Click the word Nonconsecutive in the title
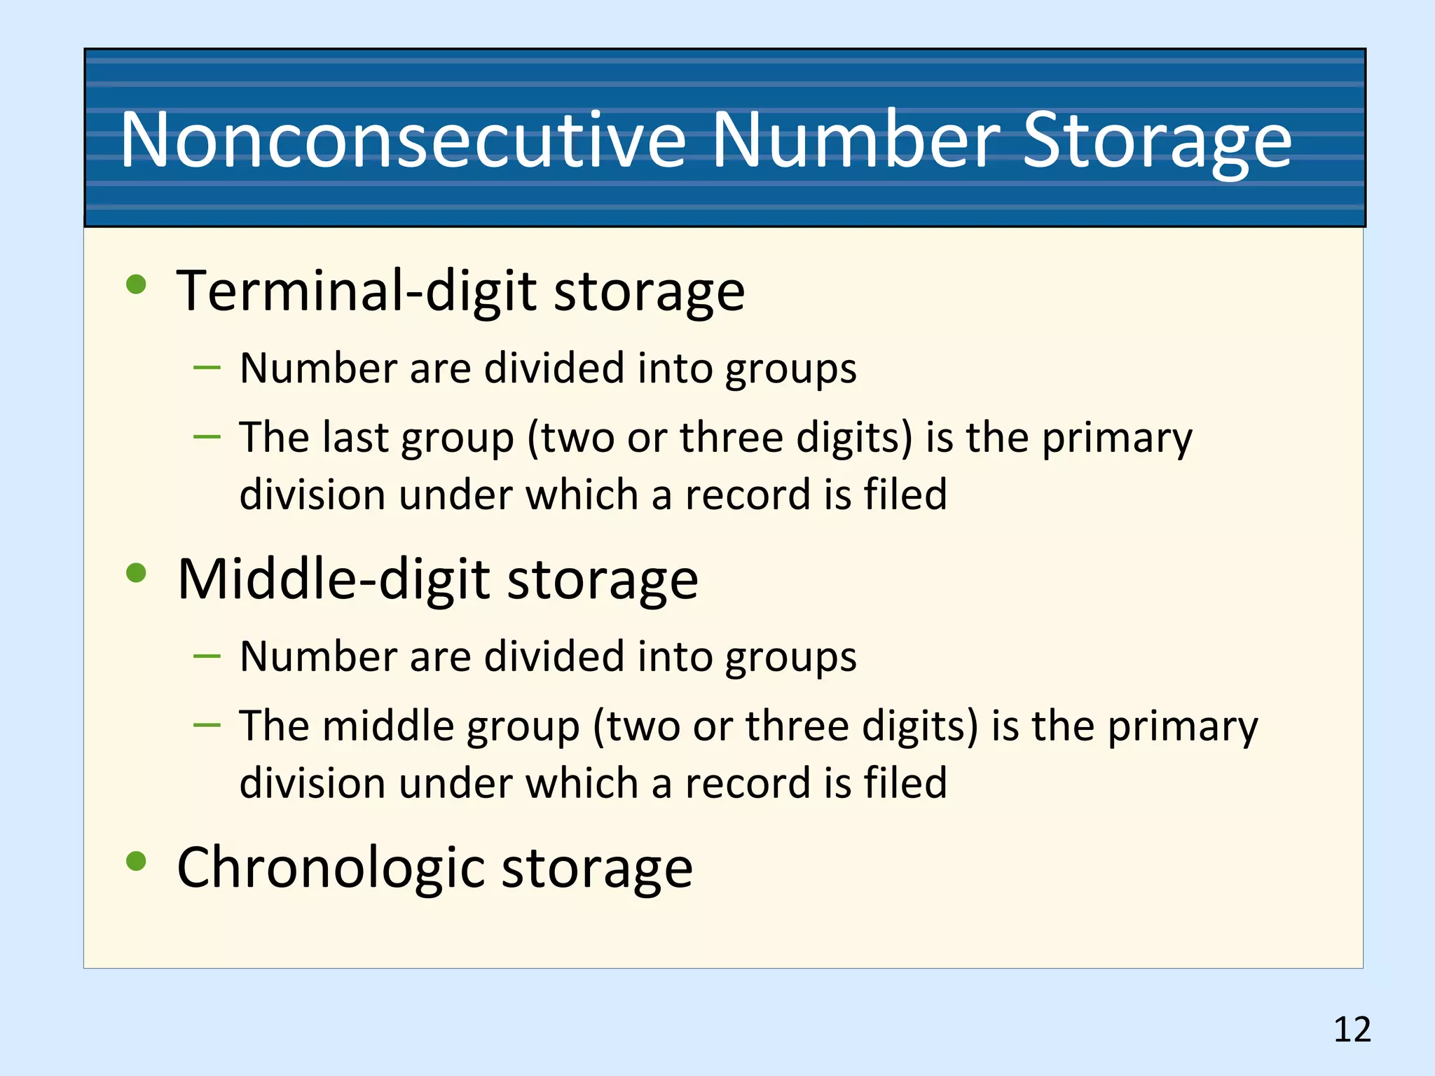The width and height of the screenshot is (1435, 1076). (403, 140)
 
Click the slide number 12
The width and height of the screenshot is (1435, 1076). (1352, 1030)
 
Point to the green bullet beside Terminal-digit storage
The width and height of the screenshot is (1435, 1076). (136, 284)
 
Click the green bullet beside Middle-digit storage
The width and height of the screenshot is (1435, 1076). (136, 573)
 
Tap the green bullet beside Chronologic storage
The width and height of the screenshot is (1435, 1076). (136, 861)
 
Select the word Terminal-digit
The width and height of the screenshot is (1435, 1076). (357, 291)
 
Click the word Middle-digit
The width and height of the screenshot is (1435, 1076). (334, 579)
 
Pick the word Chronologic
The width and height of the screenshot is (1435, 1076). (329, 869)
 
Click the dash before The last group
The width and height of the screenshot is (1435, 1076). (207, 437)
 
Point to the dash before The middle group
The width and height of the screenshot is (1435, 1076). (207, 725)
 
